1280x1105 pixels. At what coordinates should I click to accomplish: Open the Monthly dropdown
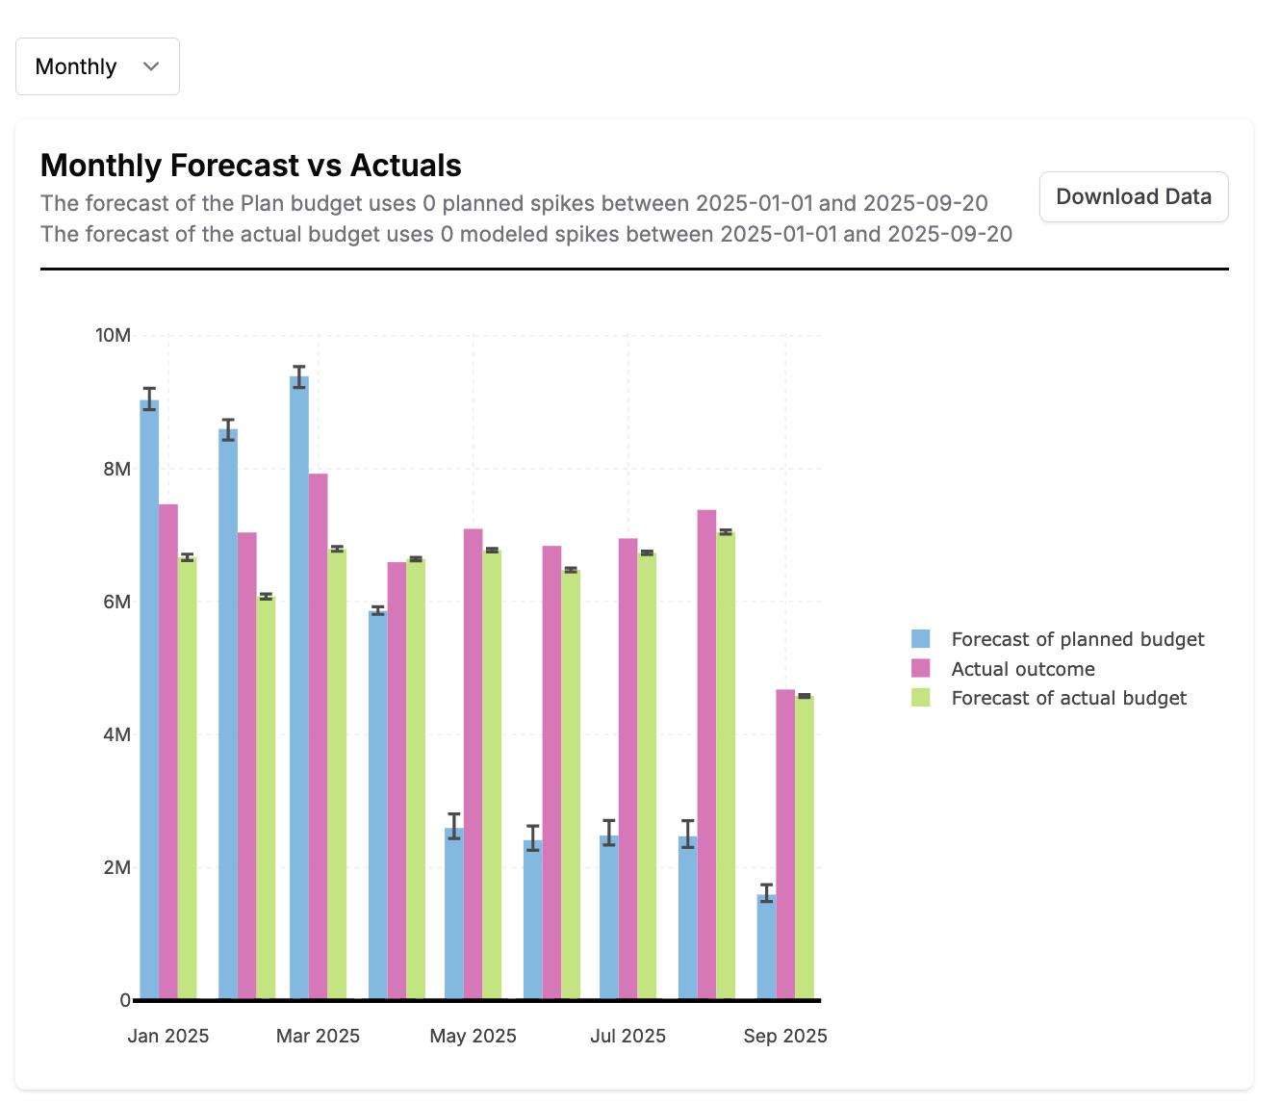(97, 66)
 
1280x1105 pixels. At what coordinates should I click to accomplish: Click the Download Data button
(1133, 196)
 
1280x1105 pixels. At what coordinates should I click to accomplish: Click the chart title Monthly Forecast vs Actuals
(250, 166)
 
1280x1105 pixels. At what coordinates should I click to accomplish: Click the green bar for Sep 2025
(805, 847)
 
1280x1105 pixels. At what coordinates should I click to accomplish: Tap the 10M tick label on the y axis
(113, 336)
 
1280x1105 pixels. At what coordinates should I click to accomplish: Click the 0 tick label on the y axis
(125, 1001)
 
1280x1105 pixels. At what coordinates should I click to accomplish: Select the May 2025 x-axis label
(473, 1036)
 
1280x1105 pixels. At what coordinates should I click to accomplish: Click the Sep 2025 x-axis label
(785, 1036)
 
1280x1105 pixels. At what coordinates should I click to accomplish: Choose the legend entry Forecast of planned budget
(1077, 639)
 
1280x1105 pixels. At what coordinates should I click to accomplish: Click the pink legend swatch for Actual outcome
(921, 669)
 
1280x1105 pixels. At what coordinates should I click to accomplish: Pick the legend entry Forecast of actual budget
(1068, 698)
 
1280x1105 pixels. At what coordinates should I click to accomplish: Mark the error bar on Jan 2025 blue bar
(149, 398)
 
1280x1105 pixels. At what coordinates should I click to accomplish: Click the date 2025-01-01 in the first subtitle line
(754, 203)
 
